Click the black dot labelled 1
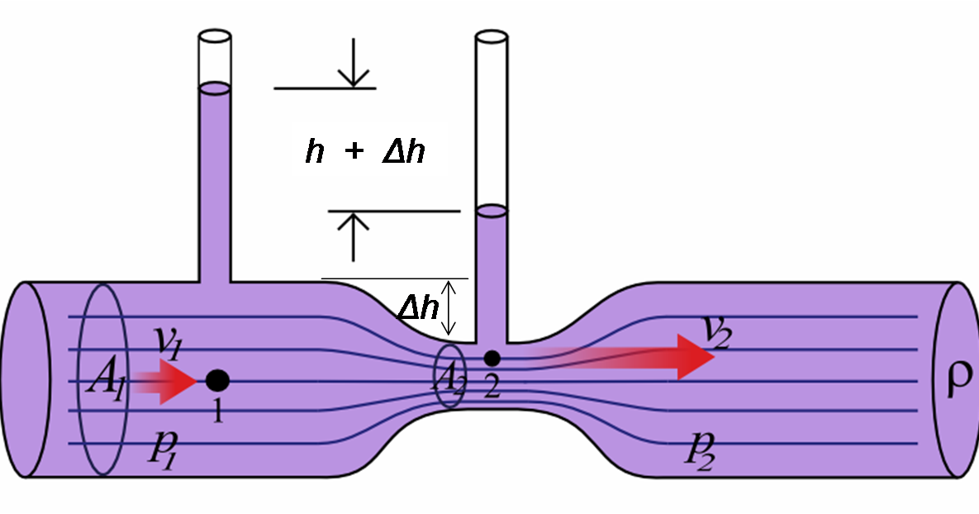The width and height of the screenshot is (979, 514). [x=217, y=380]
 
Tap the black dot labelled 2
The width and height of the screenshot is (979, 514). [x=492, y=358]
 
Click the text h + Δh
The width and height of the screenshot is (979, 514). [x=364, y=153]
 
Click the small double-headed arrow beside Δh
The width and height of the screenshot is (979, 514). [x=450, y=307]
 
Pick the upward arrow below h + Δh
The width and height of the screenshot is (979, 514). [x=353, y=236]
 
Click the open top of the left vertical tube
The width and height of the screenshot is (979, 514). [x=215, y=38]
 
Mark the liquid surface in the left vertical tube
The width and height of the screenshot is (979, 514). [x=215, y=86]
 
